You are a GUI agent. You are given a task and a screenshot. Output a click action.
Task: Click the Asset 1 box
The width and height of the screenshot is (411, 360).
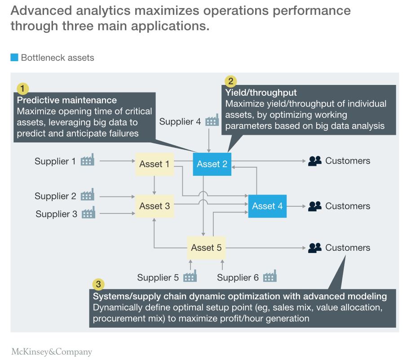155,164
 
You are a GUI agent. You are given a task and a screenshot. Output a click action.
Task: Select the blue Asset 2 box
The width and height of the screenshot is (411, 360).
212,164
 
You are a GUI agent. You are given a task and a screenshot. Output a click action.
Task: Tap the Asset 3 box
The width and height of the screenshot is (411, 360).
155,206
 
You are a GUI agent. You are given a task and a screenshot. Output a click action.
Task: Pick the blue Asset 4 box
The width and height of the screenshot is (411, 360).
267,206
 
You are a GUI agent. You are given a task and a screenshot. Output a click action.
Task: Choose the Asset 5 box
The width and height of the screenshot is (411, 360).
206,248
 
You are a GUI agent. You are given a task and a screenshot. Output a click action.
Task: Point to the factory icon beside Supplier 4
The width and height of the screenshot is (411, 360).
212,120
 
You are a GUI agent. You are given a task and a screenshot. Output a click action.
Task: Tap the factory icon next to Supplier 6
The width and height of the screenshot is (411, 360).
270,276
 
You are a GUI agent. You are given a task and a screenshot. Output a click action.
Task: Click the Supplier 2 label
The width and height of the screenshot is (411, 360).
55,196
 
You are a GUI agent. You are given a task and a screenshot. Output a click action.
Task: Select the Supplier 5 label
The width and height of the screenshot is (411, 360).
158,278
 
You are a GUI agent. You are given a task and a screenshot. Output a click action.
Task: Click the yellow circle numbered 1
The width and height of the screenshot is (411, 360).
22,88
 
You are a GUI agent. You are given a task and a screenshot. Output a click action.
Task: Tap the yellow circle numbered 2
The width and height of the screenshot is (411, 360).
230,81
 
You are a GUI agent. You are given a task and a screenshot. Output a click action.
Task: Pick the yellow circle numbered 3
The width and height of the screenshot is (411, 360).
98,284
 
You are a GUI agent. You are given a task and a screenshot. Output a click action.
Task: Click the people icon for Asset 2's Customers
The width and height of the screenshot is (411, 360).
315,161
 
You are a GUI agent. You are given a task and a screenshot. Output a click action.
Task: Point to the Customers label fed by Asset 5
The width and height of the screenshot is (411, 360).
348,248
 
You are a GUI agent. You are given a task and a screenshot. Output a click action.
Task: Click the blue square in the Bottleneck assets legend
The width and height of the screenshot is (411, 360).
14,58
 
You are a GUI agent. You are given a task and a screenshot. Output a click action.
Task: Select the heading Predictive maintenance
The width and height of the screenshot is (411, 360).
66,100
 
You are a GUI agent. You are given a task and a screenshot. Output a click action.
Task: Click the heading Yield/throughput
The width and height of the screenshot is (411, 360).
261,93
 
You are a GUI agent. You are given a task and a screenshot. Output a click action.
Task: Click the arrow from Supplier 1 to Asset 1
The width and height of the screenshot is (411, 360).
118,160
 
